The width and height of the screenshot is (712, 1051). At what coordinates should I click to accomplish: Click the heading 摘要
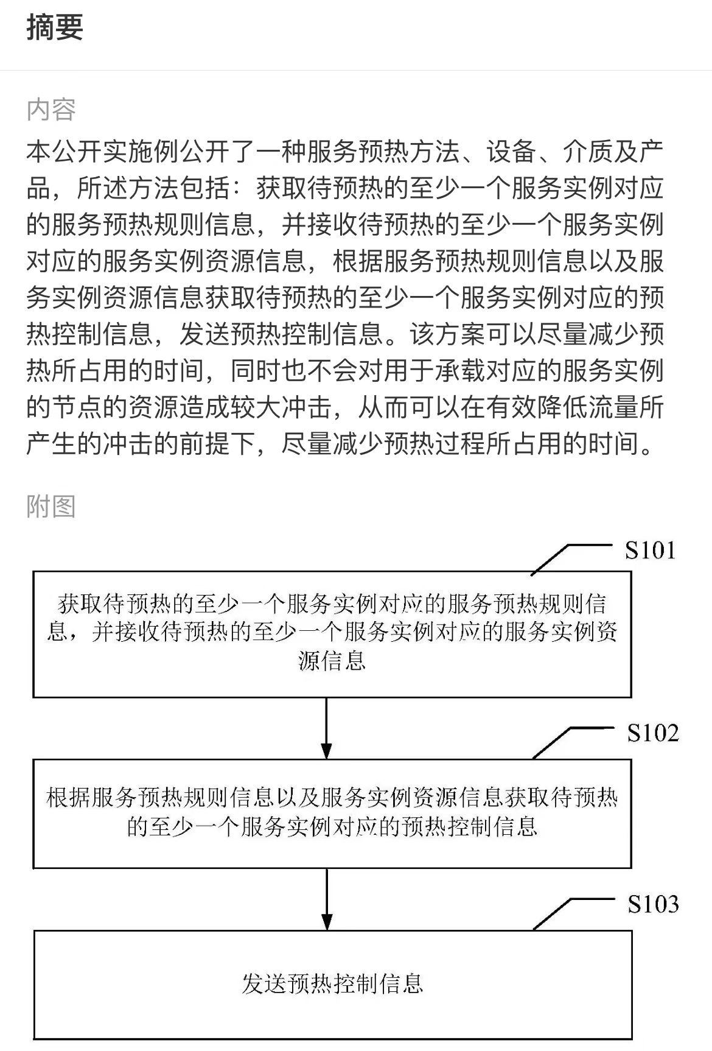[55, 27]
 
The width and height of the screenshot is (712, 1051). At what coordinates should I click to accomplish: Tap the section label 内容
[51, 110]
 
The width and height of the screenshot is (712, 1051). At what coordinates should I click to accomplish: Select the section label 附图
[51, 506]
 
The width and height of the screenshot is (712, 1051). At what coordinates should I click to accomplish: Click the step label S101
[650, 550]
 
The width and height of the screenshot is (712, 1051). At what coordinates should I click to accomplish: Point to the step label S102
[653, 733]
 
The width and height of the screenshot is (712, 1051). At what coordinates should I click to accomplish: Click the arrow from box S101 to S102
[327, 728]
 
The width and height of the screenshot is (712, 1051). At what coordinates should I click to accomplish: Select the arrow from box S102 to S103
[327, 899]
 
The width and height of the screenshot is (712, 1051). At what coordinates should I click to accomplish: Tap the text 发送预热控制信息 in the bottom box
[332, 984]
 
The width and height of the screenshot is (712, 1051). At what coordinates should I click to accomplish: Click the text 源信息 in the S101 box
[332, 660]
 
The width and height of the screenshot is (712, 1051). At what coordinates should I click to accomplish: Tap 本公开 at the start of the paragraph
[65, 152]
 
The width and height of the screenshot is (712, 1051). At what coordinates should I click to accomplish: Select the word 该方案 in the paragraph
[447, 334]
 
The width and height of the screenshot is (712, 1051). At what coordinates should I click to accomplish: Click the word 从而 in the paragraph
[383, 407]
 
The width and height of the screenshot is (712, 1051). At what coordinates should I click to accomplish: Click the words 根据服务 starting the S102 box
[92, 797]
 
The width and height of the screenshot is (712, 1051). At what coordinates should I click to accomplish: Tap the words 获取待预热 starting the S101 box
[114, 603]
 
